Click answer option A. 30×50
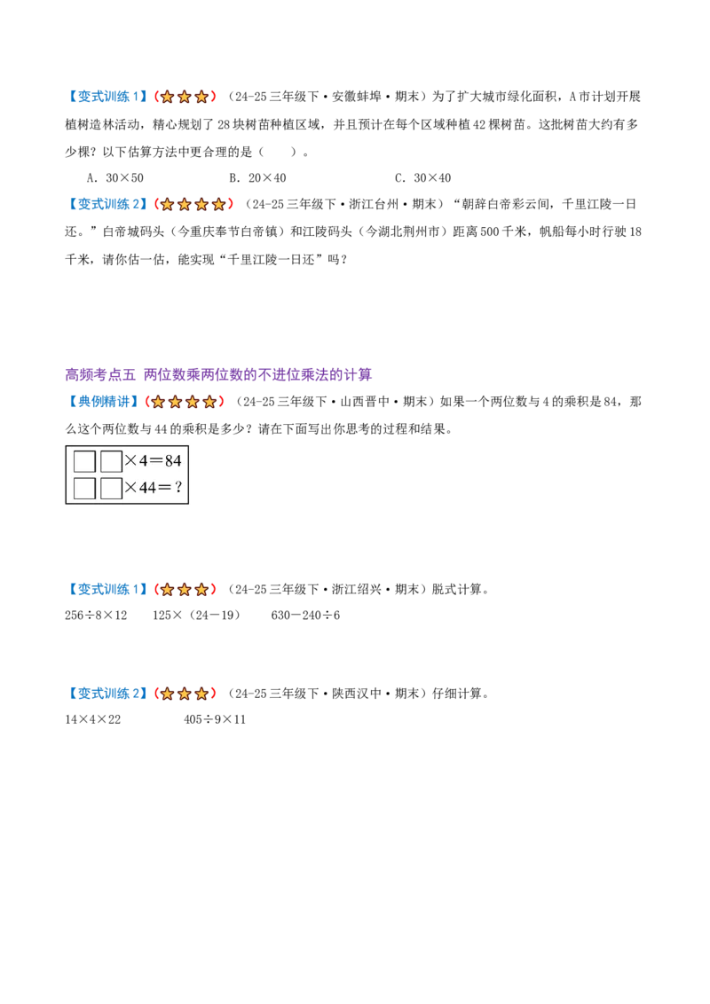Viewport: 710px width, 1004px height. [115, 178]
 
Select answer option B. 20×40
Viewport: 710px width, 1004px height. [257, 178]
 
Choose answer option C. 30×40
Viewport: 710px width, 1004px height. [423, 178]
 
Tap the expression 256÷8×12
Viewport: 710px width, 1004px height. [96, 616]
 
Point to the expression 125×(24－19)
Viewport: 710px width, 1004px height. [197, 616]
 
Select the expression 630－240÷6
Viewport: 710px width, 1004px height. [305, 616]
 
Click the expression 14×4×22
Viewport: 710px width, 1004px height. [93, 719]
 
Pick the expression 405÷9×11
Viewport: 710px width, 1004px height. [215, 719]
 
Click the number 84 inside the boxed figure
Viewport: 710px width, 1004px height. [173, 461]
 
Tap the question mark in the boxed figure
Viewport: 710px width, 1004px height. [178, 487]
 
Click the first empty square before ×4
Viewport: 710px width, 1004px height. [84, 462]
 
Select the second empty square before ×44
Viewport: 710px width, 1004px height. [112, 488]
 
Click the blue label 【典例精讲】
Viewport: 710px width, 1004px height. [103, 402]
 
